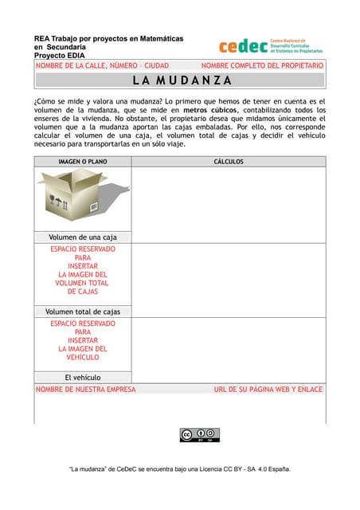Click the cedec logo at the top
click(271, 45)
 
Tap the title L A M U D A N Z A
click(182, 80)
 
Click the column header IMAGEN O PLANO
click(83, 162)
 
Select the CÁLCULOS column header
click(229, 162)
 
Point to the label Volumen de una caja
click(83, 237)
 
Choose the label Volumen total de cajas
click(83, 312)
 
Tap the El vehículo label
click(83, 378)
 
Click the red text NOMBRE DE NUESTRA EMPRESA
click(86, 390)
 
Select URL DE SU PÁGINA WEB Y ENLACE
click(268, 390)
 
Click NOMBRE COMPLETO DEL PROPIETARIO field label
click(262, 65)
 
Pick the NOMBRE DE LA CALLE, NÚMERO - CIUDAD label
click(102, 65)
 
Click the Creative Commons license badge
click(199, 434)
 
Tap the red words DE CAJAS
click(83, 292)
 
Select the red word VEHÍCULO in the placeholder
click(83, 358)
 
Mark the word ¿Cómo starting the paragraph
click(45, 101)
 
